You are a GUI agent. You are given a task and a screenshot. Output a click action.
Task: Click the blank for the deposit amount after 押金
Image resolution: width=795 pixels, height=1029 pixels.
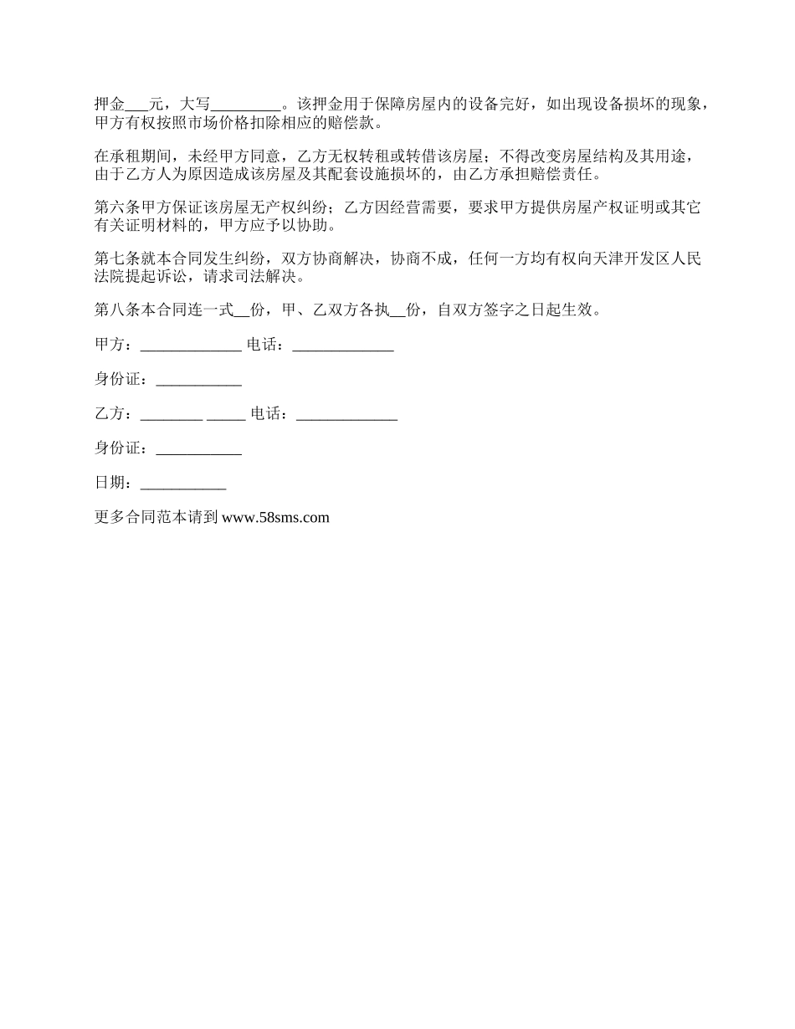pyautogui.click(x=136, y=105)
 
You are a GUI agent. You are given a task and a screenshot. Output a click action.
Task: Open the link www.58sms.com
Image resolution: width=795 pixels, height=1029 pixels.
pyautogui.click(x=276, y=517)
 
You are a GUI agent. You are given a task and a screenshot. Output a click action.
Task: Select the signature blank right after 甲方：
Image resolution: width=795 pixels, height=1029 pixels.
pyautogui.click(x=191, y=345)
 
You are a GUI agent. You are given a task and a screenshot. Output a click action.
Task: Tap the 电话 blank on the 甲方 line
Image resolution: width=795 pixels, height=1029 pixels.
pyautogui.click(x=343, y=345)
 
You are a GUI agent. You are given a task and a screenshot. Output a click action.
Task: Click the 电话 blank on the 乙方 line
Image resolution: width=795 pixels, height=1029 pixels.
pyautogui.click(x=346, y=413)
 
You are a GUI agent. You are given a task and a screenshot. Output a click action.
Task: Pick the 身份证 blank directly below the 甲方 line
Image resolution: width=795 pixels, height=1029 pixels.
pyautogui.click(x=199, y=379)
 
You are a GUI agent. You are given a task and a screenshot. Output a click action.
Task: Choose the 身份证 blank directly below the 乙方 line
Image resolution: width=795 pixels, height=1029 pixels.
pyautogui.click(x=199, y=448)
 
